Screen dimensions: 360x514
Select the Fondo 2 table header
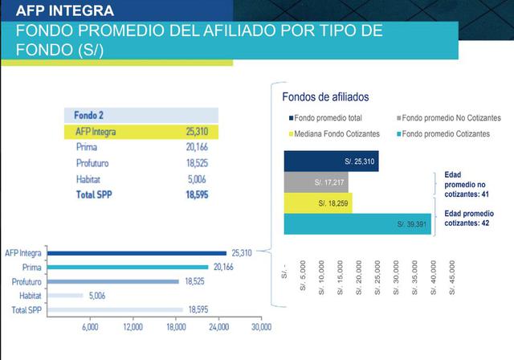89,115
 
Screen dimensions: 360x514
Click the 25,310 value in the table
196,131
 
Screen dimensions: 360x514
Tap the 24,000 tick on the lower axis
218,328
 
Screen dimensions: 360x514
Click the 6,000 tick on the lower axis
90,328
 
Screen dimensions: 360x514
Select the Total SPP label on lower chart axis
27,309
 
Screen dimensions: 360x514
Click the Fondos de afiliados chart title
325,96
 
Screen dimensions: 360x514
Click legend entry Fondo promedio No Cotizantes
450,117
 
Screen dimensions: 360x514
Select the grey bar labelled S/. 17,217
316,183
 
